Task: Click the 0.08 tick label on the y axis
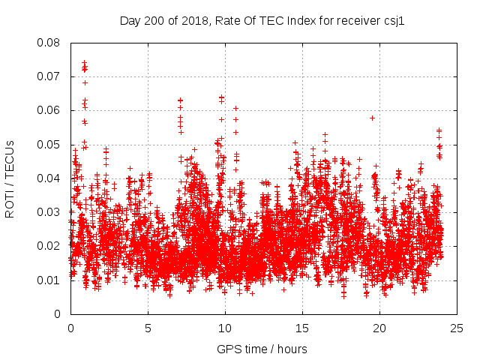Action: (x=50, y=43)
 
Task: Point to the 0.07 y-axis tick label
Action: (x=50, y=76)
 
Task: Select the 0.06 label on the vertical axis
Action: (x=50, y=110)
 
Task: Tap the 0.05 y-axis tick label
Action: (x=50, y=145)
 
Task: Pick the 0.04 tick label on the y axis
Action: (x=50, y=178)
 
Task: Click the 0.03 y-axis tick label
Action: (x=50, y=212)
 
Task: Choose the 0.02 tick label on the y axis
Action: (x=50, y=246)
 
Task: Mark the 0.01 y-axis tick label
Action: (x=50, y=280)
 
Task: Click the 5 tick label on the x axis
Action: (x=148, y=328)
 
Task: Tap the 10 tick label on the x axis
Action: (x=225, y=328)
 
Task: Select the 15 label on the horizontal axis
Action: (x=302, y=328)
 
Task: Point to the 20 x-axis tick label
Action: (x=379, y=328)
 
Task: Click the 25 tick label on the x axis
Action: (x=457, y=328)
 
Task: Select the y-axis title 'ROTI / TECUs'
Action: (x=10, y=178)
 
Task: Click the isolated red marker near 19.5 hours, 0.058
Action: (x=372, y=118)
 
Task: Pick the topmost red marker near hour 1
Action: (x=84, y=63)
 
